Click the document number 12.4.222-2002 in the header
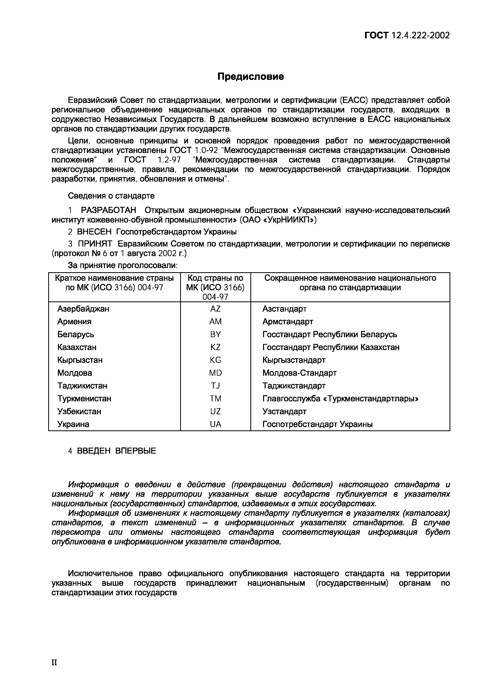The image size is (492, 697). coord(420,36)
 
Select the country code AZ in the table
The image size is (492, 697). coord(215,309)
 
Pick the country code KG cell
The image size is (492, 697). coord(215,360)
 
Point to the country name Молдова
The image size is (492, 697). coord(75,373)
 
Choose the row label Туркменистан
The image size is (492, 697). coord(84,398)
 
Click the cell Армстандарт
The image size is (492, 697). coord(287,321)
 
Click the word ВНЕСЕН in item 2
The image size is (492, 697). coord(95,232)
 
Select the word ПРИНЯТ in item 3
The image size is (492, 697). coord(95,244)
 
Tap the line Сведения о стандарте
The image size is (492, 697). coord(111,196)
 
